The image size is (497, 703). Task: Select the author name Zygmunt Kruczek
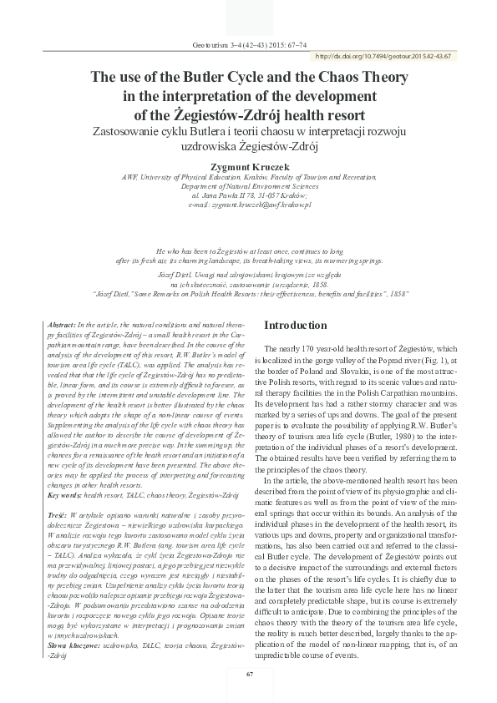tap(248, 166)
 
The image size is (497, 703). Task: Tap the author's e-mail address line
tap(249, 204)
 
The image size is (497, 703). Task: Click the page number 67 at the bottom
tap(248, 673)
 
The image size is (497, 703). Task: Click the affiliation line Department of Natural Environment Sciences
tap(249, 186)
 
